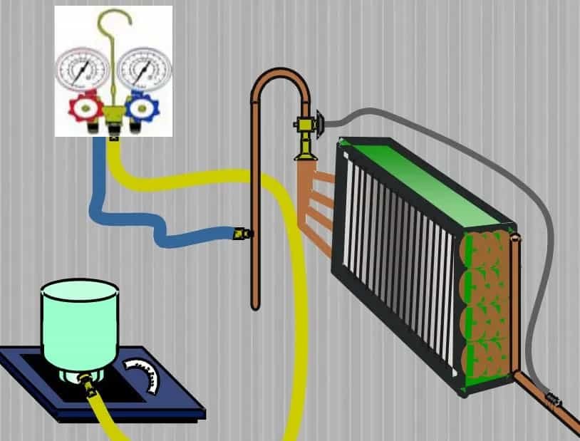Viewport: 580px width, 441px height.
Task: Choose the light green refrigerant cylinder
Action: [x=79, y=321]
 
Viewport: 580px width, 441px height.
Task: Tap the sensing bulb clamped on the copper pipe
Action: [x=552, y=403]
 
